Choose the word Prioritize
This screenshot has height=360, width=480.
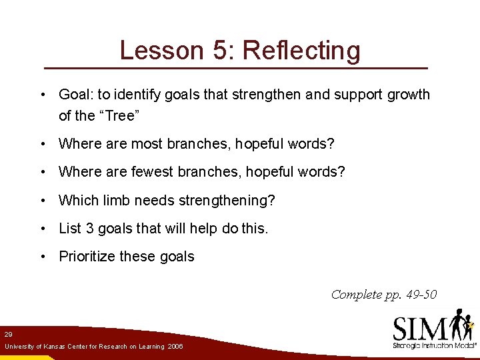click(86, 257)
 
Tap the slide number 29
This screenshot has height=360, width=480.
click(8, 333)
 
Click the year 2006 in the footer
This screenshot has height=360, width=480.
click(175, 347)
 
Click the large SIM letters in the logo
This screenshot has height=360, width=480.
click(420, 328)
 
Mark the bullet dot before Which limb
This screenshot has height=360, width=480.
click(43, 201)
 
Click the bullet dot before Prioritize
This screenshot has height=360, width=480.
click(43, 257)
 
